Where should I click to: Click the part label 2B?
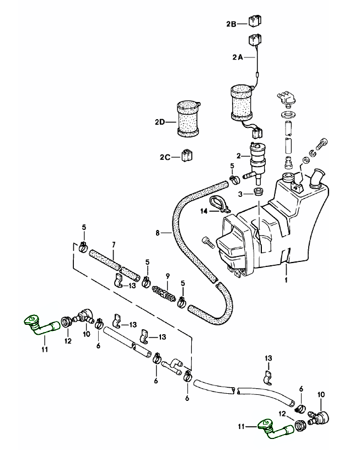231,24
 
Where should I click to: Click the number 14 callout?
203,211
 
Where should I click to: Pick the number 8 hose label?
158,233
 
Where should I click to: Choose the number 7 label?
113,244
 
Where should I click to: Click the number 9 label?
168,274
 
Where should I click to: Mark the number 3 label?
240,194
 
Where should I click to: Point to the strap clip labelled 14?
220,202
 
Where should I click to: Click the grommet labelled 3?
257,193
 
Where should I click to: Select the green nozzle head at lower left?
31,319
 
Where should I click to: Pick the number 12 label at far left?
68,341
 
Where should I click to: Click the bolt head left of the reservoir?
207,241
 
